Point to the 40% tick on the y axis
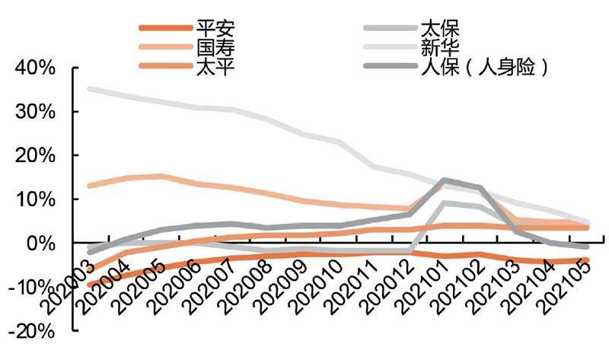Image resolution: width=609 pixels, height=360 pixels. pos(34,68)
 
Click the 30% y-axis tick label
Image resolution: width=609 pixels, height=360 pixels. pos(34,113)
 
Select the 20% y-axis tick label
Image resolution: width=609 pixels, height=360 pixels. pos(34,156)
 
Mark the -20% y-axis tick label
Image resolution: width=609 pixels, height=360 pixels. pos(31,332)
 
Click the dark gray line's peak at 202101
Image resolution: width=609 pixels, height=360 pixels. pos(445,180)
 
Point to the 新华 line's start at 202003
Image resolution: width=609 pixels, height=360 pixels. pos(90,89)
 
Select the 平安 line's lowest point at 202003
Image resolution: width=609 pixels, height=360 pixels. pos(90,286)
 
